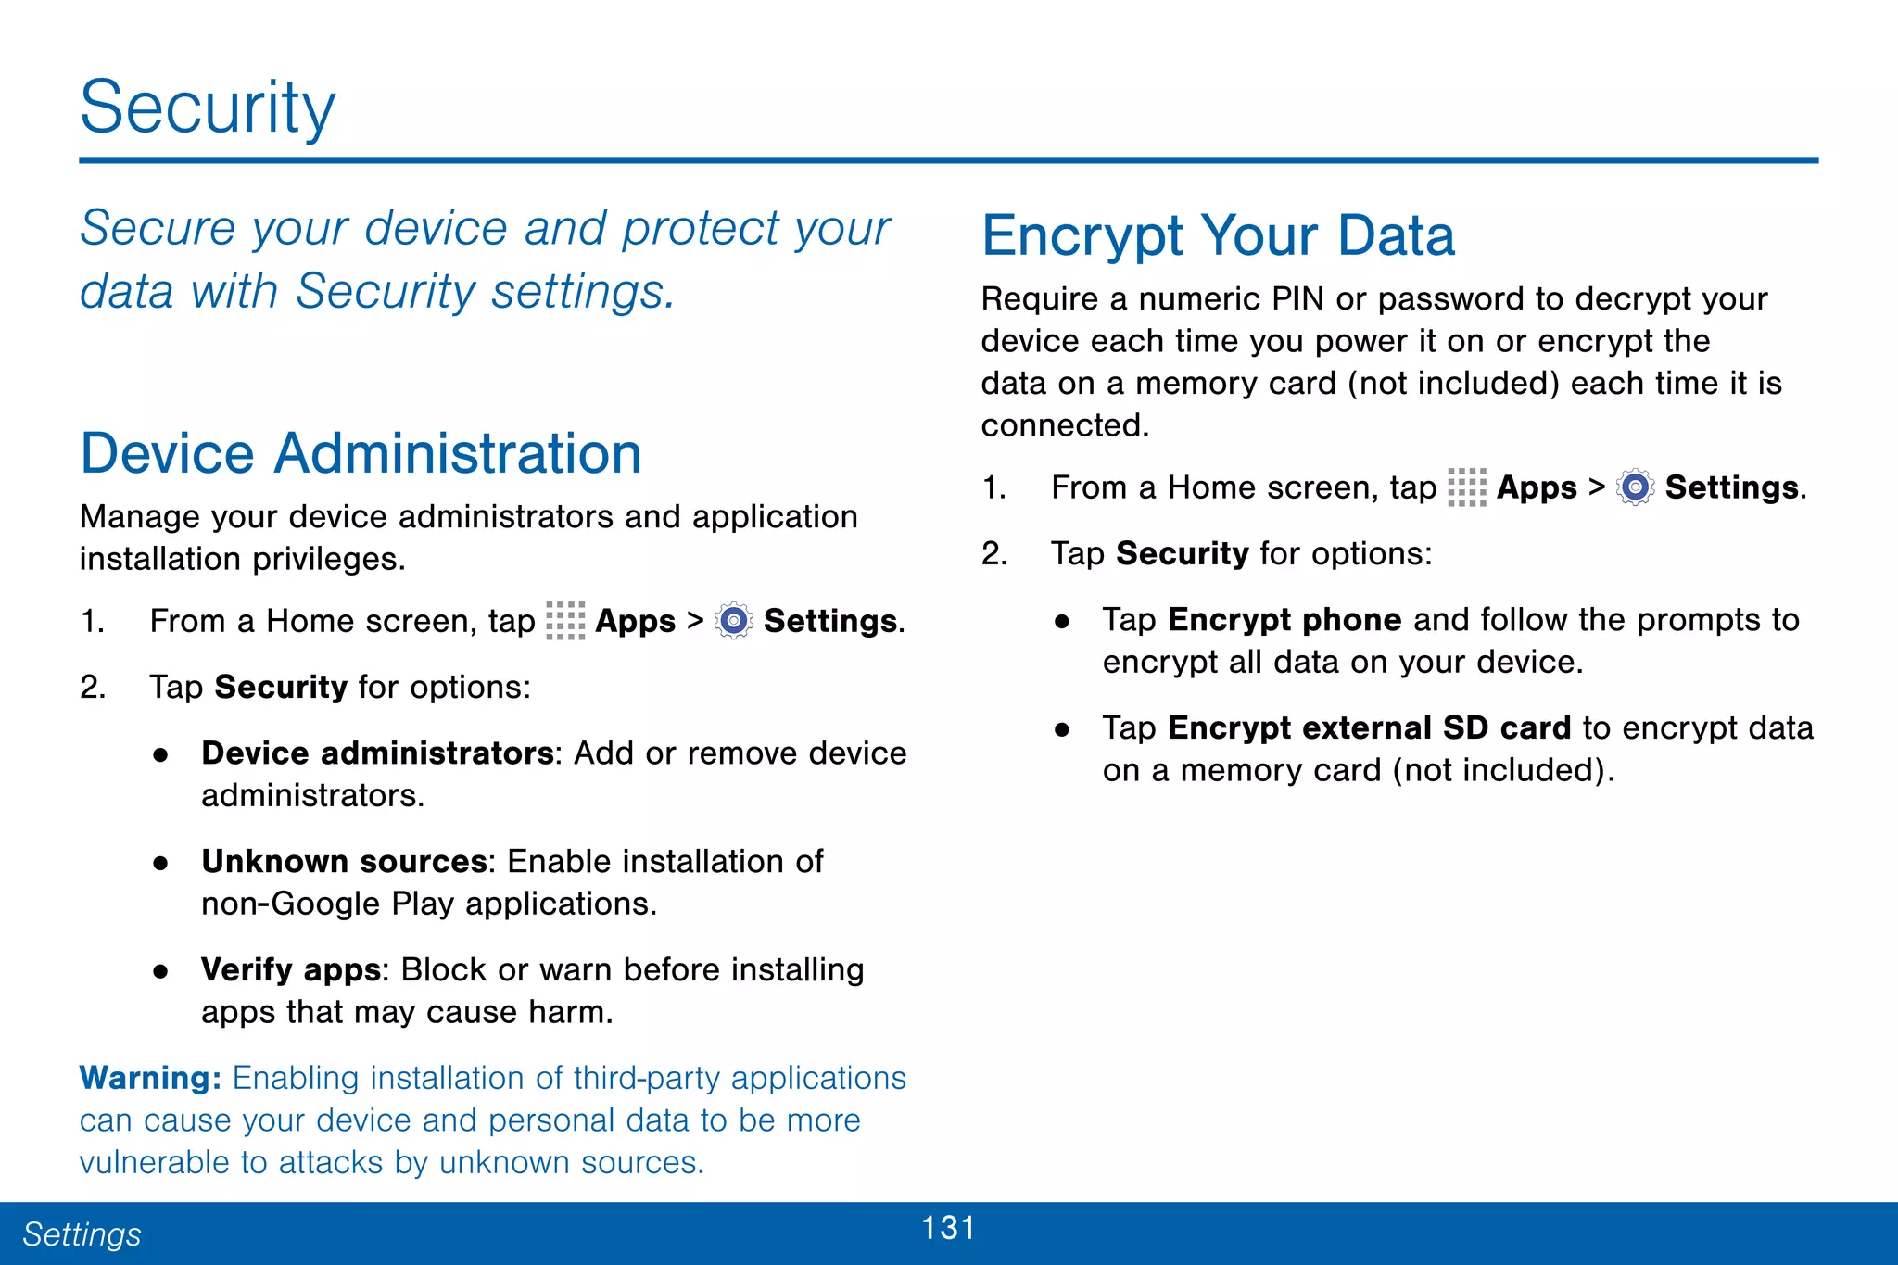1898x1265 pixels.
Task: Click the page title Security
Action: pos(207,108)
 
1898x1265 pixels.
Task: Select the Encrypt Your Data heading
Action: pos(1218,235)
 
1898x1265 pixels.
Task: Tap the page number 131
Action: pos(948,1228)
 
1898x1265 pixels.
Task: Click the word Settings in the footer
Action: pos(82,1234)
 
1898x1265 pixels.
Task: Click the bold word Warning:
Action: pos(150,1078)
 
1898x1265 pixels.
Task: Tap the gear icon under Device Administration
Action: pos(734,621)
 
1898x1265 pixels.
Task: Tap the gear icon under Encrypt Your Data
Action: pos(1635,487)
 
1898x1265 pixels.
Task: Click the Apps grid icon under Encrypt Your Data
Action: pos(1466,487)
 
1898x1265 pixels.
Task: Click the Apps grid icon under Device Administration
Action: pos(565,621)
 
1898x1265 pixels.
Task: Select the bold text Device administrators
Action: pos(377,753)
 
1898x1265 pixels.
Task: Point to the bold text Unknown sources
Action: pos(344,862)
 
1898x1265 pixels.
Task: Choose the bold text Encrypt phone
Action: pos(1284,620)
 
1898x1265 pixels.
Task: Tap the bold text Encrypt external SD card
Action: pos(1369,728)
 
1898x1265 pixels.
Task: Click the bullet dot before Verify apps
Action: pos(161,971)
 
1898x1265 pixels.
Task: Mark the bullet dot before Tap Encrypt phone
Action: pos(1062,621)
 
